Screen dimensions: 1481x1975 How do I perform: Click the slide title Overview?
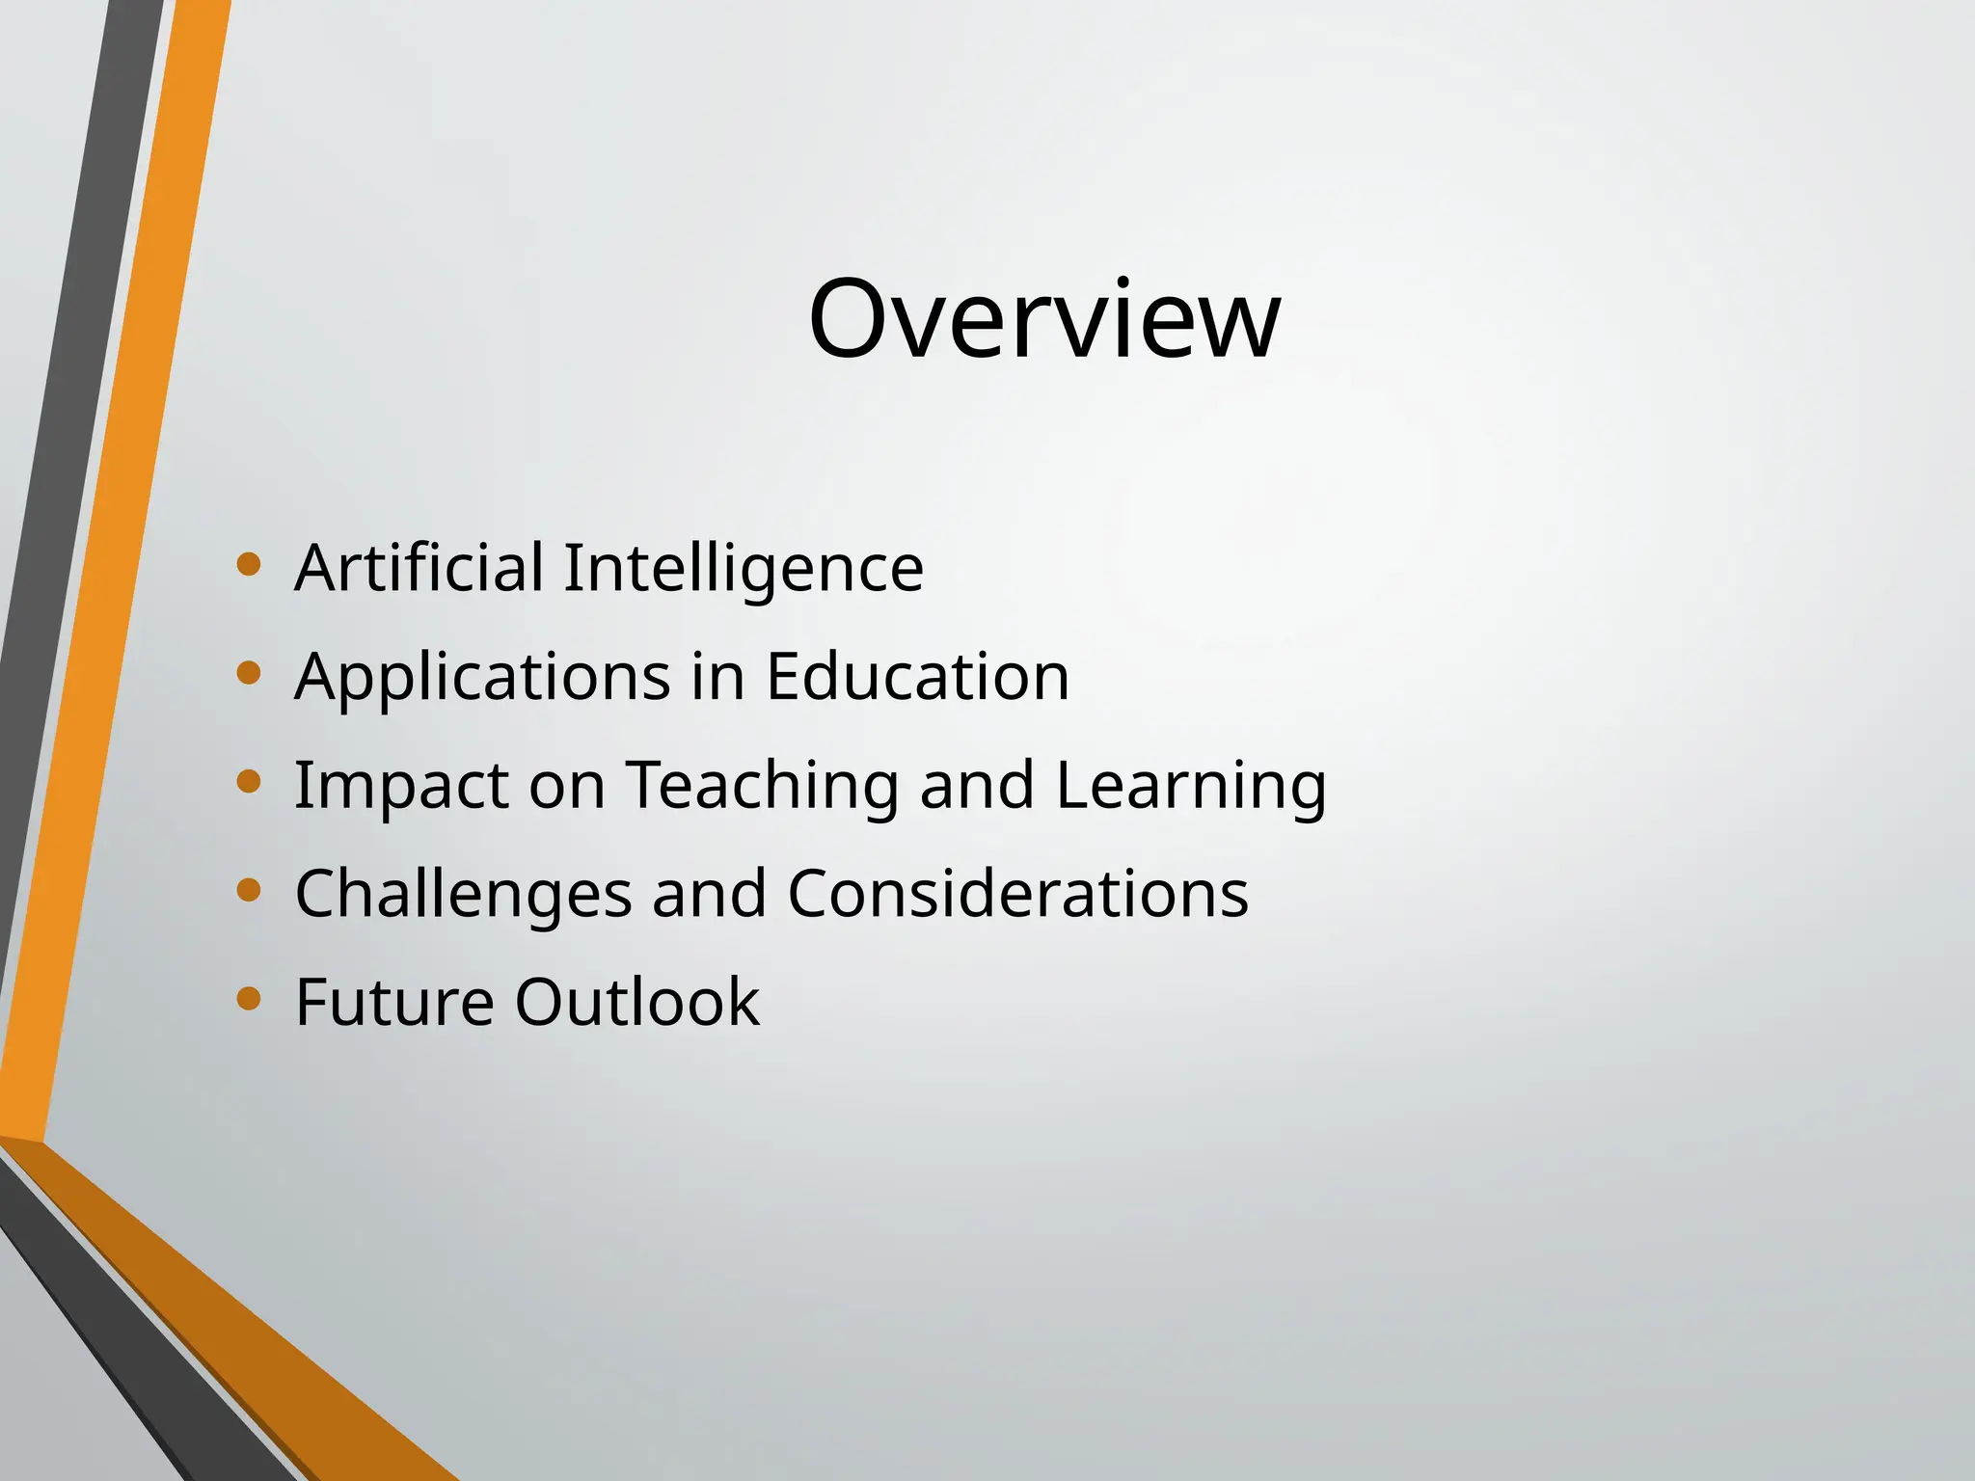1044,319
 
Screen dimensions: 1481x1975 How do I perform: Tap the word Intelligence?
744,569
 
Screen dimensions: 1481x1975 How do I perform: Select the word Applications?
482,677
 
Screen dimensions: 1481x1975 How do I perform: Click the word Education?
917,676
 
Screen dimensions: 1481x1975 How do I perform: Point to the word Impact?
401,786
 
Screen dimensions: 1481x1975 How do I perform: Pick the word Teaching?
763,786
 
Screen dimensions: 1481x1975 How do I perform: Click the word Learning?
1191,786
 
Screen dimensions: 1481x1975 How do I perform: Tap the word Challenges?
464,894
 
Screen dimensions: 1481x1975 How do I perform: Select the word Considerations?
1018,893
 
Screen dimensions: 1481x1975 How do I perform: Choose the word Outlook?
637,1002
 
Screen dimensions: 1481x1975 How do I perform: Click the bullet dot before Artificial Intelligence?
249,564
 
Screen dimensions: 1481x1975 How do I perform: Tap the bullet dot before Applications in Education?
249,672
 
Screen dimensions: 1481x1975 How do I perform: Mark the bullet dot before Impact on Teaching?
249,781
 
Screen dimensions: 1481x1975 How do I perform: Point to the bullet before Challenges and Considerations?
249,889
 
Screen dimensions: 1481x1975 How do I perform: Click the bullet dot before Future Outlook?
249,998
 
